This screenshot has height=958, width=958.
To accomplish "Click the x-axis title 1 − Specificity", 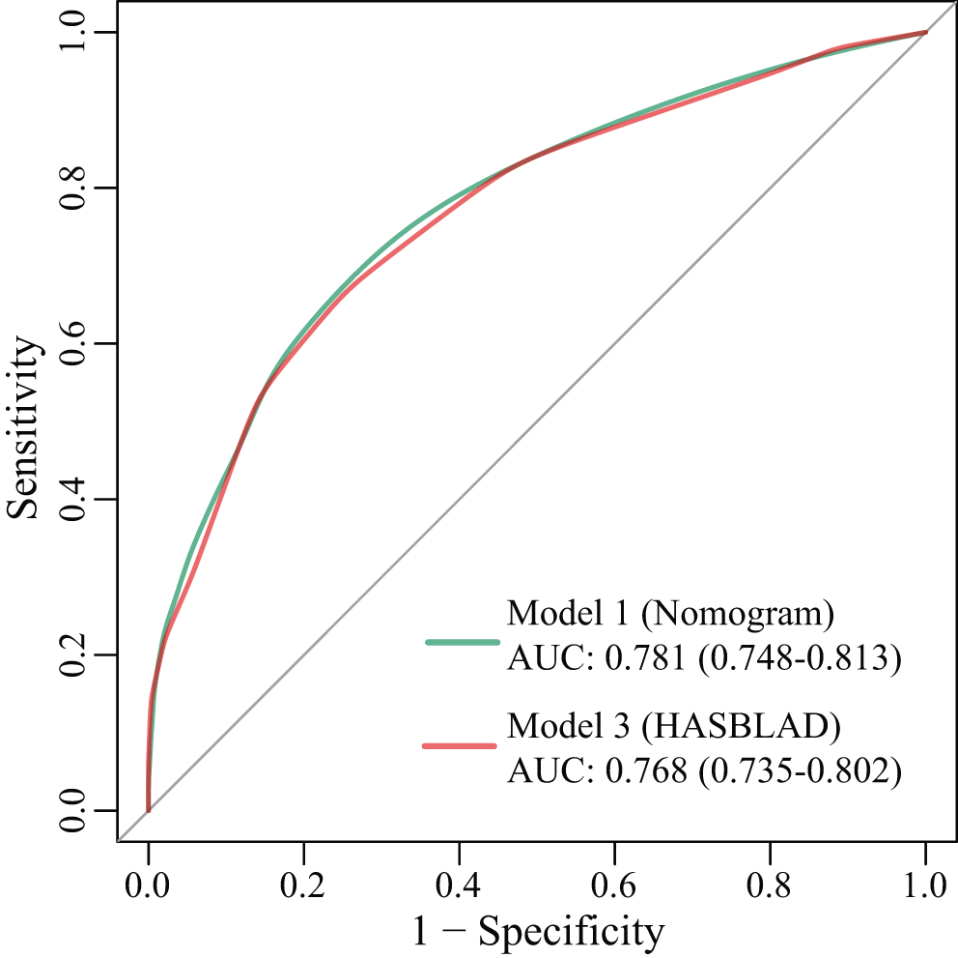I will [538, 931].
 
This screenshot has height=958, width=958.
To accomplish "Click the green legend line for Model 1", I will [462, 642].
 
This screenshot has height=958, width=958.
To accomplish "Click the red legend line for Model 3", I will [460, 746].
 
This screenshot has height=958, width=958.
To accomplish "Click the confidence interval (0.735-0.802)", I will [800, 769].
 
